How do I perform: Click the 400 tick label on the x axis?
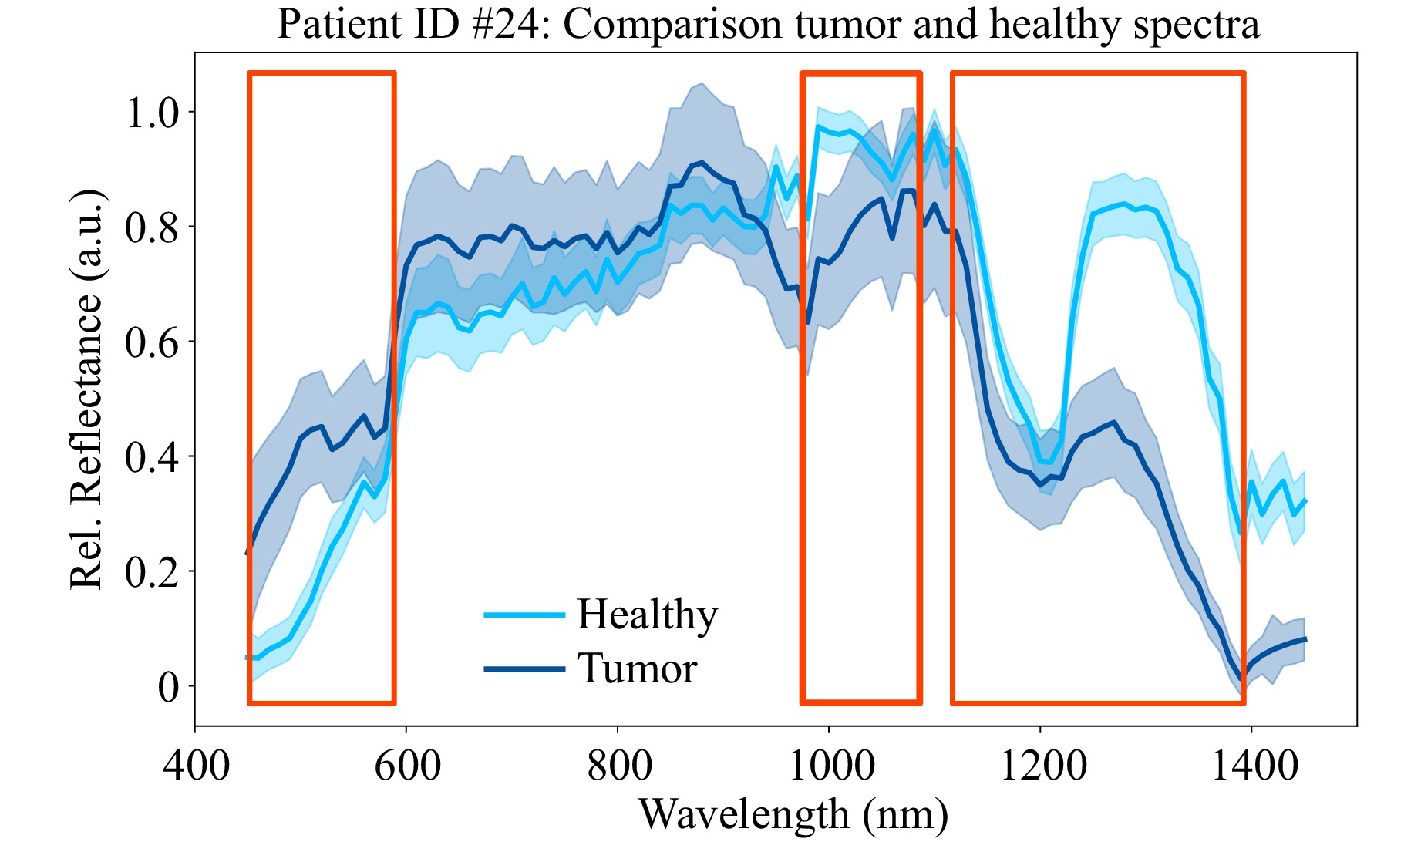pyautogui.click(x=196, y=766)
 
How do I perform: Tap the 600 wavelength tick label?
pyautogui.click(x=407, y=766)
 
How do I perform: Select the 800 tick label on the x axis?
pyautogui.click(x=618, y=766)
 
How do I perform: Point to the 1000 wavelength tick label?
pyautogui.click(x=830, y=766)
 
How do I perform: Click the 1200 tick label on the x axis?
pyautogui.click(x=1042, y=766)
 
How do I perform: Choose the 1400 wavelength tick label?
pyautogui.click(x=1253, y=766)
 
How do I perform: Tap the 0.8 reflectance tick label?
pyautogui.click(x=151, y=227)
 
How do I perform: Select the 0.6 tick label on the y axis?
pyautogui.click(x=151, y=342)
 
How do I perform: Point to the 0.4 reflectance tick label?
pyautogui.click(x=151, y=457)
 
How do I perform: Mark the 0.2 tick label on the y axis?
pyautogui.click(x=151, y=572)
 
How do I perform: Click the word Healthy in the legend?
pyautogui.click(x=647, y=615)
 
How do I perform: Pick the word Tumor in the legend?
pyautogui.click(x=637, y=669)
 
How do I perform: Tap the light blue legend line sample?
pyautogui.click(x=524, y=615)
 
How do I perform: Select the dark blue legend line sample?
pyautogui.click(x=524, y=669)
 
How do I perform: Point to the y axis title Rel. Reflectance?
pyautogui.click(x=86, y=389)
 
